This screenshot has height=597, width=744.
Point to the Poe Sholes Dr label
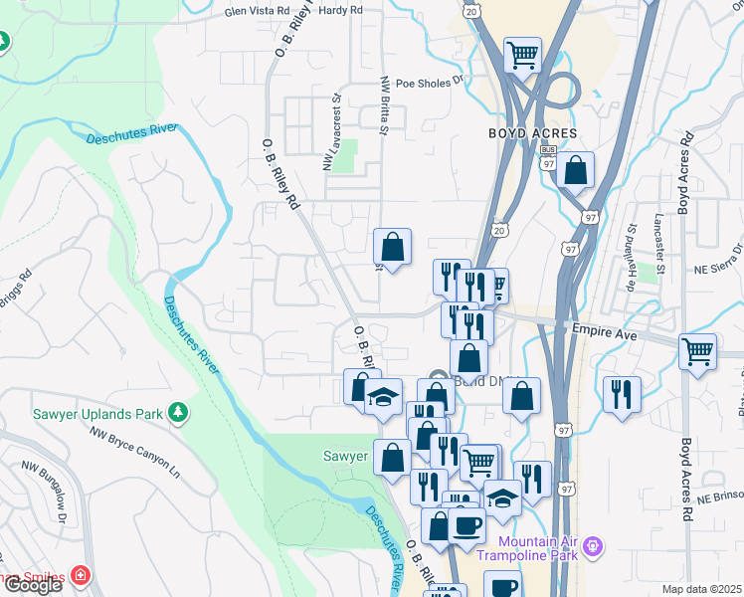pos(431,85)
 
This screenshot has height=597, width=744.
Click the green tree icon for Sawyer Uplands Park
pos(178,411)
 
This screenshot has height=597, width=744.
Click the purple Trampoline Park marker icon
pos(595,545)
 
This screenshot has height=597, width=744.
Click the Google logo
pos(33,585)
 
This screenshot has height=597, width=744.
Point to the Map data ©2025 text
pos(702,589)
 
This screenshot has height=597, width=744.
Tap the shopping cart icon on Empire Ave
pos(698,350)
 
